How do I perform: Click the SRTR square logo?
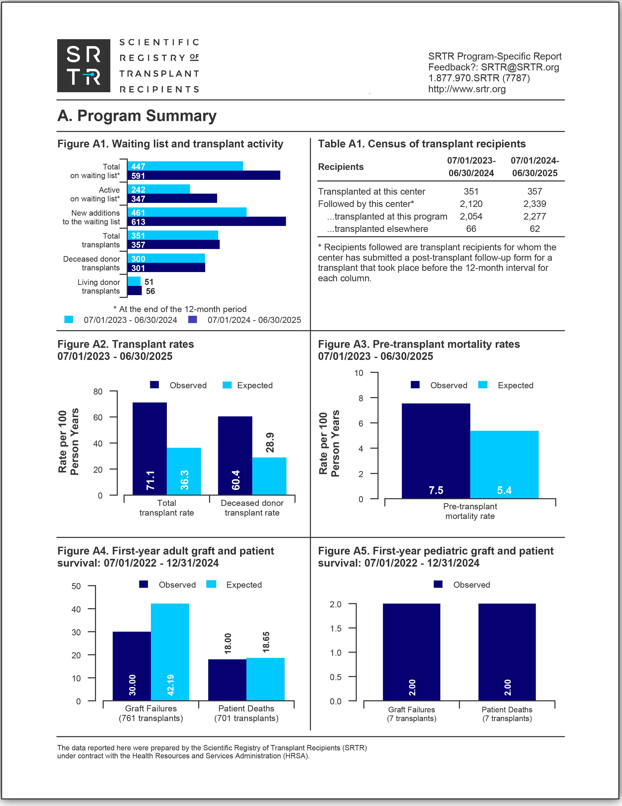click(x=84, y=66)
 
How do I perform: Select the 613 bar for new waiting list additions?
click(x=207, y=221)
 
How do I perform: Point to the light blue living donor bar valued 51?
click(x=134, y=281)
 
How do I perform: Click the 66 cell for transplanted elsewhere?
click(x=471, y=229)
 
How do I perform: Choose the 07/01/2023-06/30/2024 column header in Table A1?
click(x=471, y=167)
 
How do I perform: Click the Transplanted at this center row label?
click(x=371, y=191)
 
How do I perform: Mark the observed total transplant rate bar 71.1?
click(x=150, y=449)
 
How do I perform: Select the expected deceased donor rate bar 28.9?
click(x=269, y=476)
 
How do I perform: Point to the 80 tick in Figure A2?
click(x=98, y=392)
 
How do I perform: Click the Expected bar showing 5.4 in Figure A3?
click(x=504, y=464)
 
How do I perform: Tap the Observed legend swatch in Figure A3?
click(x=415, y=385)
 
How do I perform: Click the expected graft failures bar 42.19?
click(x=170, y=652)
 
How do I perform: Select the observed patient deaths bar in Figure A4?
click(x=227, y=680)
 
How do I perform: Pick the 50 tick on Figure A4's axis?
click(x=76, y=586)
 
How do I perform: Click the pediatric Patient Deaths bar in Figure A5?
click(x=507, y=652)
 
